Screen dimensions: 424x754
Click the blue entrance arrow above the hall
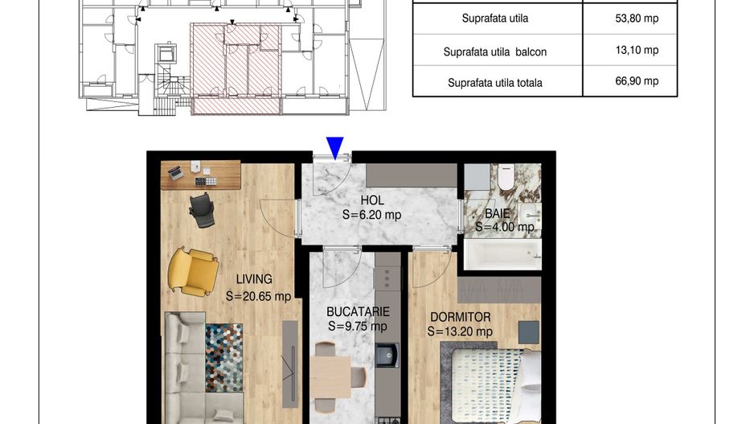click(335, 146)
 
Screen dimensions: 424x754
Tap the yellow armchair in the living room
click(192, 270)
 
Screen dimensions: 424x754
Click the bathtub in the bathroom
click(503, 256)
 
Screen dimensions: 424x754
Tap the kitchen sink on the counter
click(387, 353)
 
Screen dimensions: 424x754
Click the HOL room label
click(372, 200)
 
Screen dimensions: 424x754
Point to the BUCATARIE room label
click(358, 311)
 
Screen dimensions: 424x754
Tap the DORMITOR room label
click(460, 317)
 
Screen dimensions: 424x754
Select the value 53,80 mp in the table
click(636, 18)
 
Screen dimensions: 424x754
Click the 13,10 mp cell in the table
click(636, 50)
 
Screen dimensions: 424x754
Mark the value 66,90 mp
click(636, 81)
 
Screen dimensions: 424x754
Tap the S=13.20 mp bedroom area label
click(460, 331)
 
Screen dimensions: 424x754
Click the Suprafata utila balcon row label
click(495, 51)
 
